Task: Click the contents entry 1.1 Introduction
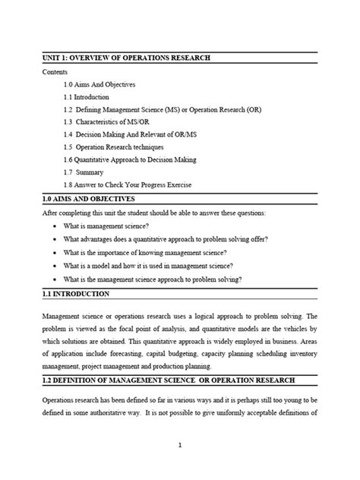[87, 97]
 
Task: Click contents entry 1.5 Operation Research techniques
[120, 147]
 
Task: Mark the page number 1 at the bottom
[180, 467]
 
